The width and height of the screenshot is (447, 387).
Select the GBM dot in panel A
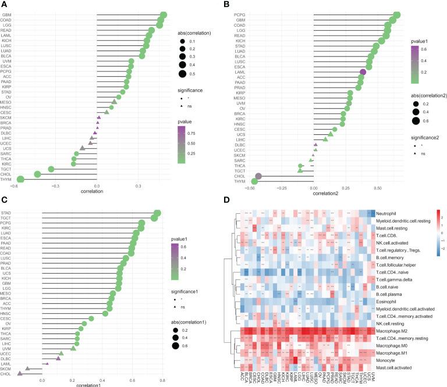click(164, 15)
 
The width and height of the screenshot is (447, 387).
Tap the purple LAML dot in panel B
click(363, 72)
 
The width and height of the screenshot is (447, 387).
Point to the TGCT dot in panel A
click(51, 169)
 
